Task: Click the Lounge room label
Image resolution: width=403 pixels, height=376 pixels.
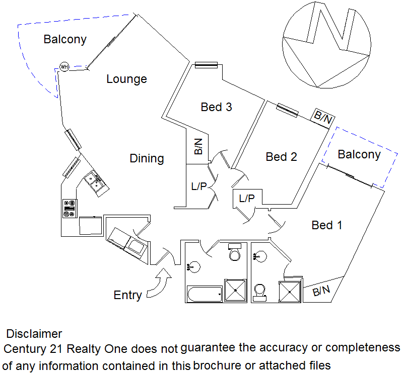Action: coord(126,79)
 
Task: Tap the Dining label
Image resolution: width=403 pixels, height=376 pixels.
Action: coord(147,158)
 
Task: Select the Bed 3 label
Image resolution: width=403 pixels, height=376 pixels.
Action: coord(216,107)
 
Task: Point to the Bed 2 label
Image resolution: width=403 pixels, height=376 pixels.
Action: coord(281,157)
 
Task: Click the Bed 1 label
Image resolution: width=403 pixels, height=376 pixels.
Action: coord(327,225)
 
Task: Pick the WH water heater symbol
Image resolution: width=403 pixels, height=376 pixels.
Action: coord(64,66)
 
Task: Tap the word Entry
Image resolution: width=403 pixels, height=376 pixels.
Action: coord(127,295)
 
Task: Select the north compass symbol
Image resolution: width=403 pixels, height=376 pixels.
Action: coord(327,44)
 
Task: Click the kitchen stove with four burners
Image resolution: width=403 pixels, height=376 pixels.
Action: coord(69,209)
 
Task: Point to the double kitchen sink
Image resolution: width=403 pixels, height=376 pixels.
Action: coord(94,181)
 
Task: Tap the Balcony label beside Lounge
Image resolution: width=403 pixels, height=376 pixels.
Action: coord(65,39)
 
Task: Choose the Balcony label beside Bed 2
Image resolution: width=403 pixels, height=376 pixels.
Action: coord(359,154)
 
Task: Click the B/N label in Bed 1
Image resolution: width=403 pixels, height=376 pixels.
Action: coord(321,291)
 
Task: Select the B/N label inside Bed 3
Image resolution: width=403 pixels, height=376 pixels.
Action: coord(198,146)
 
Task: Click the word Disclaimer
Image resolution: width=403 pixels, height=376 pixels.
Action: coord(34,334)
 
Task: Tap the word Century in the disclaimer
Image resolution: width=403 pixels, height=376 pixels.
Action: coord(24,348)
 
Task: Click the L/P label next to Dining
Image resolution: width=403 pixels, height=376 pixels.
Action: coord(199,186)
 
